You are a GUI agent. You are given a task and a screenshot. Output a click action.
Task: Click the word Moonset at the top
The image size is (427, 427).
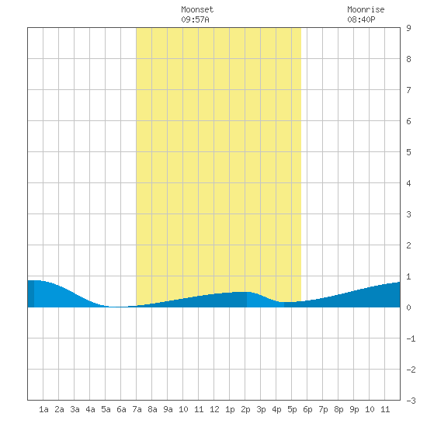pyautogui.click(x=197, y=9)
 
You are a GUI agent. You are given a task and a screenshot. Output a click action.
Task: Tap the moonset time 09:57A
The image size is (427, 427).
pyautogui.click(x=195, y=19)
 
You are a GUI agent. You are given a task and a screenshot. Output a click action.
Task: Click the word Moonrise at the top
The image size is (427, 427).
pyautogui.click(x=366, y=9)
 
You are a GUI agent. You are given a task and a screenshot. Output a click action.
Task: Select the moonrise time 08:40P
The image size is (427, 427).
pyautogui.click(x=361, y=19)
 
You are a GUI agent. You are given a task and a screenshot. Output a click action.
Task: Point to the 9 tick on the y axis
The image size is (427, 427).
pyautogui.click(x=408, y=28)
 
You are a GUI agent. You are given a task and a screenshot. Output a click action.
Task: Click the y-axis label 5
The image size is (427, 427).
pyautogui.click(x=408, y=152)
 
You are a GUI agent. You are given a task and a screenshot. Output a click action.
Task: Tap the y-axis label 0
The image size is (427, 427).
pyautogui.click(x=408, y=307)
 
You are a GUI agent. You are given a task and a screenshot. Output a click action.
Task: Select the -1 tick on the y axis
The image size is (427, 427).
pyautogui.click(x=411, y=338)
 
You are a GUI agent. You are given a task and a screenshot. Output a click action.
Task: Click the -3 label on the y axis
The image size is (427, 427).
pyautogui.click(x=411, y=401)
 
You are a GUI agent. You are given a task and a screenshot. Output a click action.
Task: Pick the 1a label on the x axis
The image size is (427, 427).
pyautogui.click(x=43, y=409)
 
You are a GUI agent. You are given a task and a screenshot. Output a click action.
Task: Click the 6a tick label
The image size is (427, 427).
pyautogui.click(x=121, y=409)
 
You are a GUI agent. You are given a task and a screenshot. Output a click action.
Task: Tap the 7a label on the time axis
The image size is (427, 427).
pyautogui.click(x=137, y=409)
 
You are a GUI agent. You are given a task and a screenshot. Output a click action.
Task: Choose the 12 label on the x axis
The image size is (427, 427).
pyautogui.click(x=214, y=409)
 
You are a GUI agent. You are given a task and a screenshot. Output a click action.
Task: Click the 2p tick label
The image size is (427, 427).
pyautogui.click(x=245, y=409)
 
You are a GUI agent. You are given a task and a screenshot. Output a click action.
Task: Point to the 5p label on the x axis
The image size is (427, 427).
pyautogui.click(x=292, y=409)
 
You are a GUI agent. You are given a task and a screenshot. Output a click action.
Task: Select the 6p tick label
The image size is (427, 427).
pyautogui.click(x=307, y=409)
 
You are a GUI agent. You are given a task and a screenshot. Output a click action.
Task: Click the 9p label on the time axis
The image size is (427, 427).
pyautogui.click(x=354, y=409)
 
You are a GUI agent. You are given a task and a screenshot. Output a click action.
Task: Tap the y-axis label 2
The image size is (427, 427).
pyautogui.click(x=408, y=245)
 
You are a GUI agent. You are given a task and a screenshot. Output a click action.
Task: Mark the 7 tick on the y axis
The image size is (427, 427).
pyautogui.click(x=408, y=90)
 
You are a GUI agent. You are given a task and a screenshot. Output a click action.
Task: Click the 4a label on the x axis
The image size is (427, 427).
pyautogui.click(x=90, y=409)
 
